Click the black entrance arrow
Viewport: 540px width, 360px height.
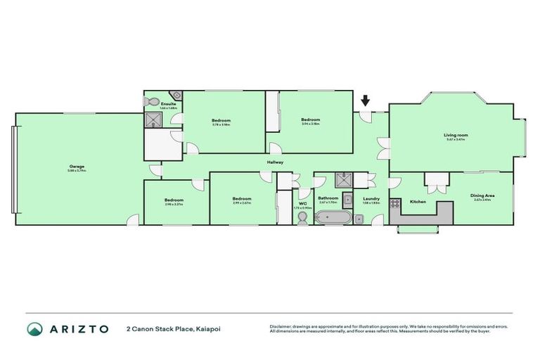pyautogui.click(x=364, y=101)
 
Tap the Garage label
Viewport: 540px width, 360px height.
pyautogui.click(x=76, y=167)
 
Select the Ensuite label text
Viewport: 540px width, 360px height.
pyautogui.click(x=168, y=104)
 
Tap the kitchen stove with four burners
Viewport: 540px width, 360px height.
pyautogui.click(x=395, y=205)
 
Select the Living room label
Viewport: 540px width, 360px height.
pyautogui.click(x=456, y=135)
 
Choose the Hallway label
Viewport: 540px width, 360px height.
pyautogui.click(x=275, y=162)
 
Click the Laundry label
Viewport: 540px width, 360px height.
pyautogui.click(x=371, y=198)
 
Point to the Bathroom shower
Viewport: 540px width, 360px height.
pyautogui.click(x=345, y=179)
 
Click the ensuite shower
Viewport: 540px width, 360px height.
pyautogui.click(x=153, y=121)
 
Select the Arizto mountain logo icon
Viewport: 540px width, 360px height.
pyautogui.click(x=34, y=328)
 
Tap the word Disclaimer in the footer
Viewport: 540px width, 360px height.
pyautogui.click(x=280, y=326)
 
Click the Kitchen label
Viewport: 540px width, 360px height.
pyautogui.click(x=418, y=202)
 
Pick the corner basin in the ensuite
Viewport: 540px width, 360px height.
pyautogui.click(x=178, y=96)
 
